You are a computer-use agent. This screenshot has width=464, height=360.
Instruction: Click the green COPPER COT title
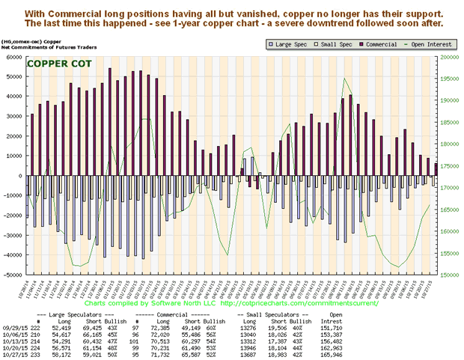(58, 64)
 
